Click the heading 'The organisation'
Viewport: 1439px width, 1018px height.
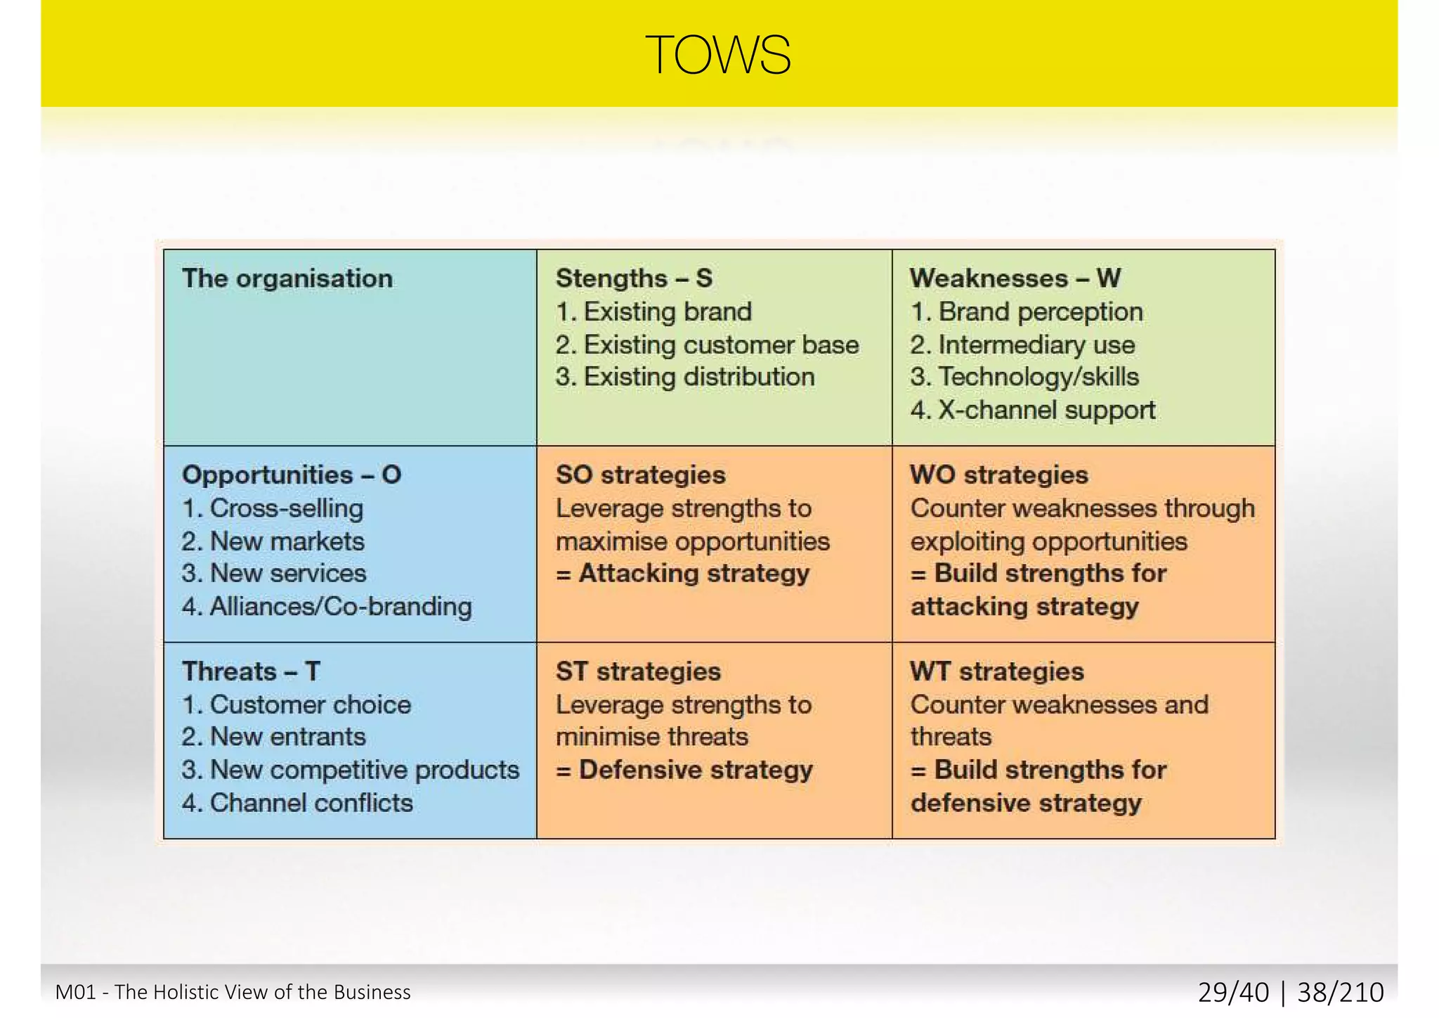(287, 278)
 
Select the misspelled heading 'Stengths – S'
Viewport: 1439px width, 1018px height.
(634, 278)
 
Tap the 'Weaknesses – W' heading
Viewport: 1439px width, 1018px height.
(1015, 278)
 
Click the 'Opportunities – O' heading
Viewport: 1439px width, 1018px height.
(292, 475)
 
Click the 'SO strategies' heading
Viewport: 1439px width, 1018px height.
(640, 475)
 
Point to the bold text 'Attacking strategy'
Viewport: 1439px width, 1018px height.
(694, 574)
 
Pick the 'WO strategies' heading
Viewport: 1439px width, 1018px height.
(999, 475)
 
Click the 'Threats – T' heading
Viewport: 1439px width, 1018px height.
(251, 671)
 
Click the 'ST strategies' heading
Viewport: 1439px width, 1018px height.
(638, 671)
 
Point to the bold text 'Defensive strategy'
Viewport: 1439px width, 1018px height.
(695, 770)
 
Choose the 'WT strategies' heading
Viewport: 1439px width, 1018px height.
(997, 671)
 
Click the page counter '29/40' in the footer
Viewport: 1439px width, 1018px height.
(1233, 992)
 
